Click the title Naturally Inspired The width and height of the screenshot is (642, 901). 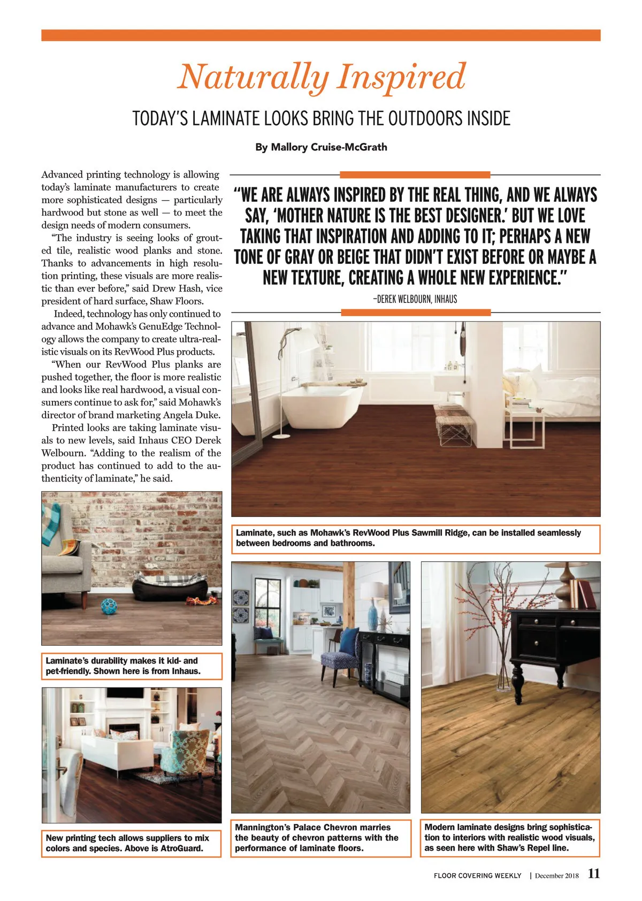click(x=321, y=77)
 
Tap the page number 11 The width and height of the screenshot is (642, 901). click(x=594, y=874)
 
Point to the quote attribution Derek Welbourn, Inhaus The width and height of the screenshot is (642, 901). click(x=415, y=299)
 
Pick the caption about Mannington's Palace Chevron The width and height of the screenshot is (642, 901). click(x=320, y=838)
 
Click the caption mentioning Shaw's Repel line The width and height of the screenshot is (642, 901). click(x=510, y=838)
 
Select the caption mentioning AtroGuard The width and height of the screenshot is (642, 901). click(x=131, y=843)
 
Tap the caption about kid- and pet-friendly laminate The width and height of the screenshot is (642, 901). click(x=131, y=666)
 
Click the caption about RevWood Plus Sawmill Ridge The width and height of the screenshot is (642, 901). click(x=415, y=538)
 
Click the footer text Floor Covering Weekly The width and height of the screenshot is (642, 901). click(x=477, y=876)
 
